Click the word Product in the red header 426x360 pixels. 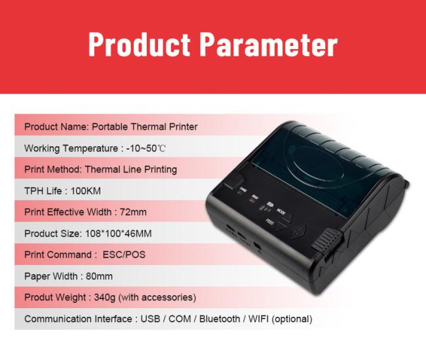coord(140,45)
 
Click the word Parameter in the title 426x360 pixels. coord(269,45)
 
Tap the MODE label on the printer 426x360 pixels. coord(281,211)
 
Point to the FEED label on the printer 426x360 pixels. coord(270,222)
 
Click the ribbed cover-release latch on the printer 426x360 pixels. coord(326,241)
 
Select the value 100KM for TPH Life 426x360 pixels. coord(86,191)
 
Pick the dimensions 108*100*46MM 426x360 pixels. coord(119,233)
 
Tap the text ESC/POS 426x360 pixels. coord(124,255)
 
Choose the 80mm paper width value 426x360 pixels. coord(99,276)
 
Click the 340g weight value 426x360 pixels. coord(105,298)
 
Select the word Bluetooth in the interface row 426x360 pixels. coord(220,319)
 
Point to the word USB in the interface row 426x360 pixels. coord(150,319)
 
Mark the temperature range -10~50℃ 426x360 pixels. coord(146,148)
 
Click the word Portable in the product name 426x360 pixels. coord(109,127)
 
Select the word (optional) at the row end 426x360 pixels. coord(292,319)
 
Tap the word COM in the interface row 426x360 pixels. coord(180,319)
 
